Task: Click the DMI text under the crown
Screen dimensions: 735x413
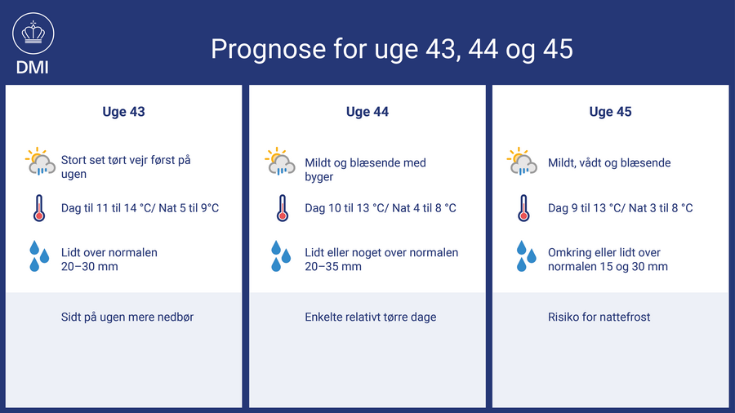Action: point(33,68)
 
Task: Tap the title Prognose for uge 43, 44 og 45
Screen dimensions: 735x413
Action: point(391,49)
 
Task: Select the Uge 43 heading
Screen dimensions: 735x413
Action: point(124,112)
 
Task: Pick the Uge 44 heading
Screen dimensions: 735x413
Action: point(367,112)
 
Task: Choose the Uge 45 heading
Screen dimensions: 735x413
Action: point(610,112)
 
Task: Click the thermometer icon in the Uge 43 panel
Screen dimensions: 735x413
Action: point(39,208)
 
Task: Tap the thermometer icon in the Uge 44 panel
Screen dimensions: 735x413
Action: point(283,208)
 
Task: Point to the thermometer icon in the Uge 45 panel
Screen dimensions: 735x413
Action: point(523,208)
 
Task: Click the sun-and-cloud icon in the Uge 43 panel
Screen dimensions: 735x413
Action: point(40,161)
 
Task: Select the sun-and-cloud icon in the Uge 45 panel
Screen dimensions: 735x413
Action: point(522,161)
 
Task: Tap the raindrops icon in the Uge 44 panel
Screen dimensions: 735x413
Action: point(281,256)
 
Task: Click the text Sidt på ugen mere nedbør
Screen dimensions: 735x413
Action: point(127,317)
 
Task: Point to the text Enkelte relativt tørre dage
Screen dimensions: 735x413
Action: point(370,317)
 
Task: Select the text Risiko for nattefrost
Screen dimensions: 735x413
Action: point(599,317)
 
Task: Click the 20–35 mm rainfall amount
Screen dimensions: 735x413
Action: point(333,266)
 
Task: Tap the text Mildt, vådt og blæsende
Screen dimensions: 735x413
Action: point(609,163)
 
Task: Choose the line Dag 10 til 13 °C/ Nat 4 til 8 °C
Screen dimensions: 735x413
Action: point(380,208)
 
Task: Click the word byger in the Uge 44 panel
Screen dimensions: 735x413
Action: point(318,177)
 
